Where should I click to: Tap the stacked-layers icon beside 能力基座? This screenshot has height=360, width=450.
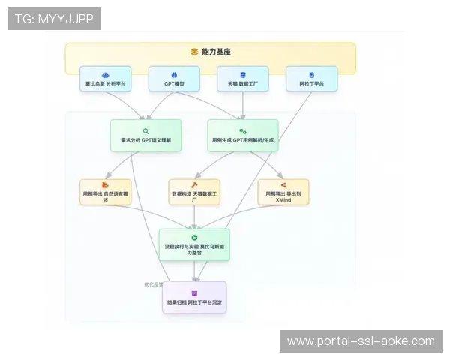coord(193,52)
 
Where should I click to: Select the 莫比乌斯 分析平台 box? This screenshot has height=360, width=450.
coord(106,79)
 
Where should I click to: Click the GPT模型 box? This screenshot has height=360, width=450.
coord(174,79)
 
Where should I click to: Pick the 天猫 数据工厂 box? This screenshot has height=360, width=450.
coord(243,79)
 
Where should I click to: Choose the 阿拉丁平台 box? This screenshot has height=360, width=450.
coord(311,79)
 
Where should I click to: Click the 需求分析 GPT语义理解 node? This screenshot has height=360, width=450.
coord(145,136)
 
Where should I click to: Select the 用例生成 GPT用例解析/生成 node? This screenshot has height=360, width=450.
coord(243,136)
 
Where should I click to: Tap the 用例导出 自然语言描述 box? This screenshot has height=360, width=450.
coord(106,193)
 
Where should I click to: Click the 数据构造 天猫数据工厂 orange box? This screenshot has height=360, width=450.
coord(194,193)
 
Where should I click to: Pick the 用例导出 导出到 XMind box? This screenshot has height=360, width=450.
coord(283,193)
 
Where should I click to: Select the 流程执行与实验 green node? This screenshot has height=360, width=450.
coord(194,244)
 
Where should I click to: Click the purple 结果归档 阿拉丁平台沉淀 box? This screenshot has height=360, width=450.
coord(194,298)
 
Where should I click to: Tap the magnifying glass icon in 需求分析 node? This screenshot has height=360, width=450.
coord(145,130)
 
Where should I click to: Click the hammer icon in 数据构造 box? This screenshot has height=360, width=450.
coord(194,184)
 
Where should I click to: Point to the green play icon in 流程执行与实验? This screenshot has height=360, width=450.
coord(194,238)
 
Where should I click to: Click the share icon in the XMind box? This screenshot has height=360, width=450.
coord(283,184)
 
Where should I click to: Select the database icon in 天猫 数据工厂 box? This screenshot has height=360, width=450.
coord(243,75)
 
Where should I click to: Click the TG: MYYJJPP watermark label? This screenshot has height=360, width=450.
coord(54,19)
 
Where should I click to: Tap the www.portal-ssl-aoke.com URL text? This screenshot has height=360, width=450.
coord(361,341)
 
